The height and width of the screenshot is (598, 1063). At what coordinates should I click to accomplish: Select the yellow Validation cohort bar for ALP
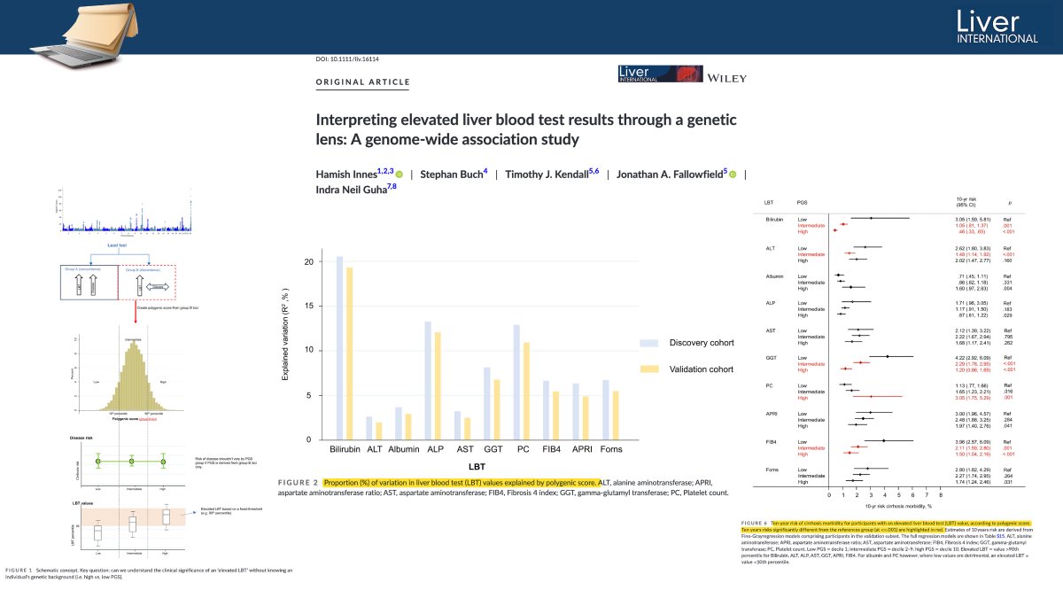pos(437,385)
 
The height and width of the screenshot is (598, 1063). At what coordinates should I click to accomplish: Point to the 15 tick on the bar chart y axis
pos(308,306)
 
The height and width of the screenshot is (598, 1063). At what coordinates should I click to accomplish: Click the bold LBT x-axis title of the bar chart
pos(470,467)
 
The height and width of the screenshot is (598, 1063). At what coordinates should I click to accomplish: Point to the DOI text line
pos(353,58)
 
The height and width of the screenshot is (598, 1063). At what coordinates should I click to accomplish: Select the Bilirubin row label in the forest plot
pos(775,218)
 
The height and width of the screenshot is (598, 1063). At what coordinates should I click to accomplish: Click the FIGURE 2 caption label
pos(297,483)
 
